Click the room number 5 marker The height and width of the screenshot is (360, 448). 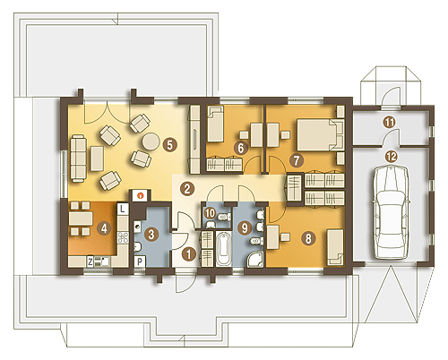click(x=169, y=145)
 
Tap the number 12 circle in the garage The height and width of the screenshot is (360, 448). click(x=392, y=156)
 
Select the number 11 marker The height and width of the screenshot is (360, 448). click(x=390, y=123)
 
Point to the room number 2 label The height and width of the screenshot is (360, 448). click(x=187, y=189)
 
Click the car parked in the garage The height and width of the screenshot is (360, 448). click(x=392, y=212)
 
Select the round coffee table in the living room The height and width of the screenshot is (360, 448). click(x=151, y=141)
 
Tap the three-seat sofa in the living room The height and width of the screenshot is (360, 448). click(x=79, y=159)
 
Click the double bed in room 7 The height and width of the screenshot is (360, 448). click(x=321, y=134)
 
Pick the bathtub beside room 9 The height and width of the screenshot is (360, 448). click(x=223, y=249)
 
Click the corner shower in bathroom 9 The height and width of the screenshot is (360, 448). click(x=254, y=259)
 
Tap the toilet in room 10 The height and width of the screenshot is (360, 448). click(x=223, y=217)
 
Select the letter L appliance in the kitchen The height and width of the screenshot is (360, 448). click(x=123, y=209)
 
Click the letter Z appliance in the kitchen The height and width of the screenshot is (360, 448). click(x=90, y=261)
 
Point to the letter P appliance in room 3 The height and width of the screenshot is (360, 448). click(x=140, y=262)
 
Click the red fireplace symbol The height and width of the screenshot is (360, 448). click(x=140, y=195)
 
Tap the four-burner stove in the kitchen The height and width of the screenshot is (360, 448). click(x=123, y=237)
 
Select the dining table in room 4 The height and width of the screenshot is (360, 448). click(x=81, y=219)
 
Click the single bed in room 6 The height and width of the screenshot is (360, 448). click(x=215, y=124)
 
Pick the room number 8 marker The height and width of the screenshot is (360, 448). click(x=307, y=238)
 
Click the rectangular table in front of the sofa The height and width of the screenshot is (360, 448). click(x=97, y=159)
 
